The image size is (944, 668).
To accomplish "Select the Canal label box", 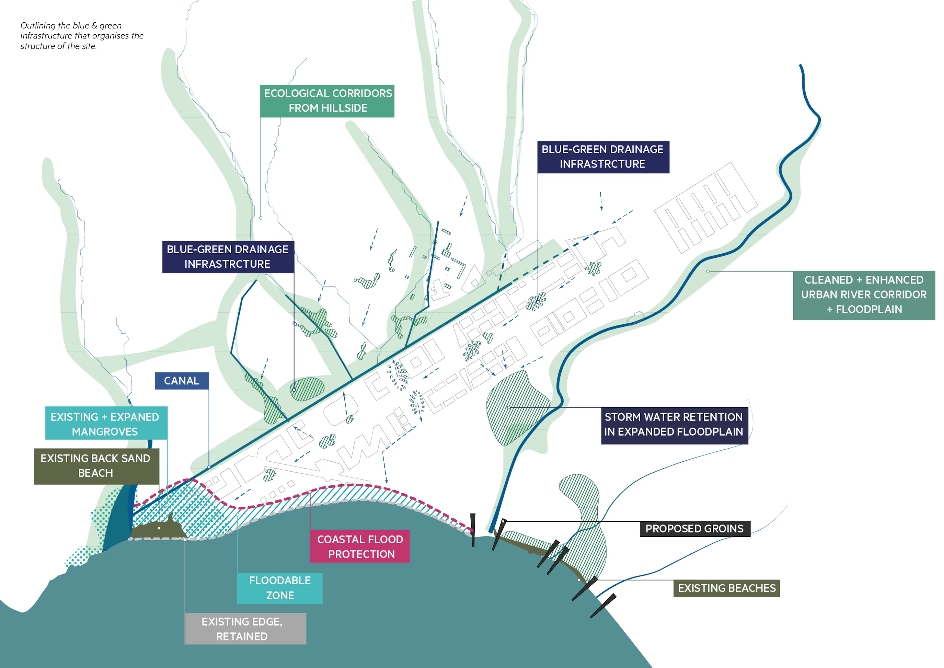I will pos(182,381).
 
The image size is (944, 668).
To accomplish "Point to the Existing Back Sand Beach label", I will pos(96,466).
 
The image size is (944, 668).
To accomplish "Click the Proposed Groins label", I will pos(694,529).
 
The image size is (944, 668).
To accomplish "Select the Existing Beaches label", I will pos(726,588).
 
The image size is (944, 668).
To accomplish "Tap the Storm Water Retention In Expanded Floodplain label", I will pos(674,425).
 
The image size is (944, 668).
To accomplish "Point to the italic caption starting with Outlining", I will pos(82,36).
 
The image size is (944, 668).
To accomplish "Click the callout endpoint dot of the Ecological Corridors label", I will pos(261,218).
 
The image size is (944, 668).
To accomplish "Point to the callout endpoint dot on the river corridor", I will pos(708,272).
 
